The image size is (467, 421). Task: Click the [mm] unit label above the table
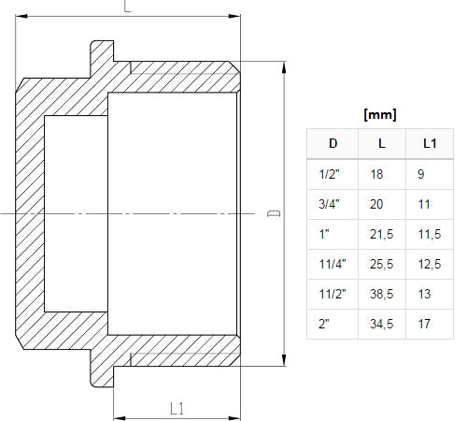pyautogui.click(x=380, y=115)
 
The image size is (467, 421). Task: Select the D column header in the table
pyautogui.click(x=333, y=143)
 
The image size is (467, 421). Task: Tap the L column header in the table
pyautogui.click(x=382, y=143)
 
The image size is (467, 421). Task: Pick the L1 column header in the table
pyautogui.click(x=430, y=143)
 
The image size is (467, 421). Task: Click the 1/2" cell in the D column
pyautogui.click(x=329, y=174)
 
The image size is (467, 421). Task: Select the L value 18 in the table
pyautogui.click(x=376, y=174)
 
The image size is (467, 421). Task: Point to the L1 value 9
pyautogui.click(x=421, y=174)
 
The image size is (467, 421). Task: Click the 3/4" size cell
pyautogui.click(x=329, y=204)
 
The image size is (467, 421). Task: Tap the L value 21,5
pyautogui.click(x=382, y=234)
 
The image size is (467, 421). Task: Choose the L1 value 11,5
pyautogui.click(x=430, y=234)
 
